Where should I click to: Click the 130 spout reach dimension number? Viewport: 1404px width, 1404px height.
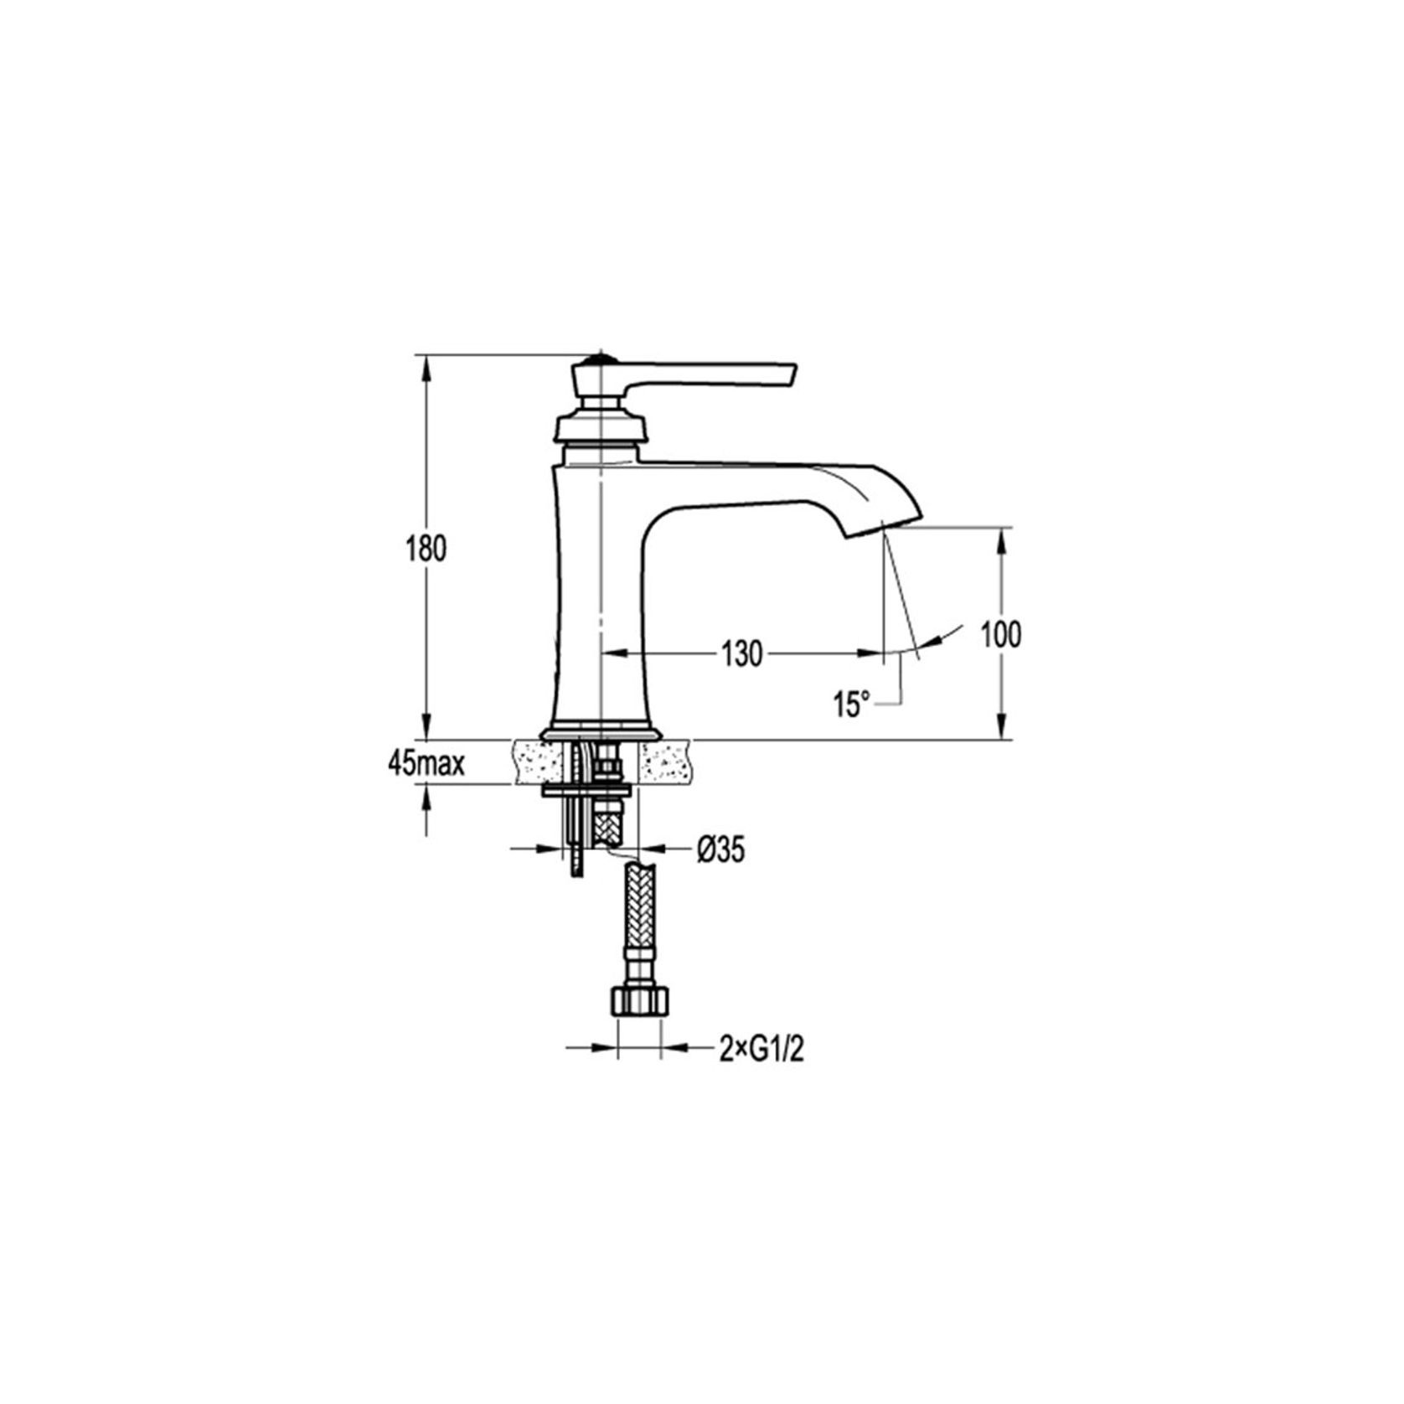tap(742, 653)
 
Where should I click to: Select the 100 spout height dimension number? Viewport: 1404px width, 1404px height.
tap(1001, 634)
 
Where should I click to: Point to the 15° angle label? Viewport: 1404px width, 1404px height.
tap(852, 704)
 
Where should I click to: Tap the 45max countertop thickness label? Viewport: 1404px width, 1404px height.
tap(426, 763)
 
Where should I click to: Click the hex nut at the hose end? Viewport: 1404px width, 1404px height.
tap(639, 1001)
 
